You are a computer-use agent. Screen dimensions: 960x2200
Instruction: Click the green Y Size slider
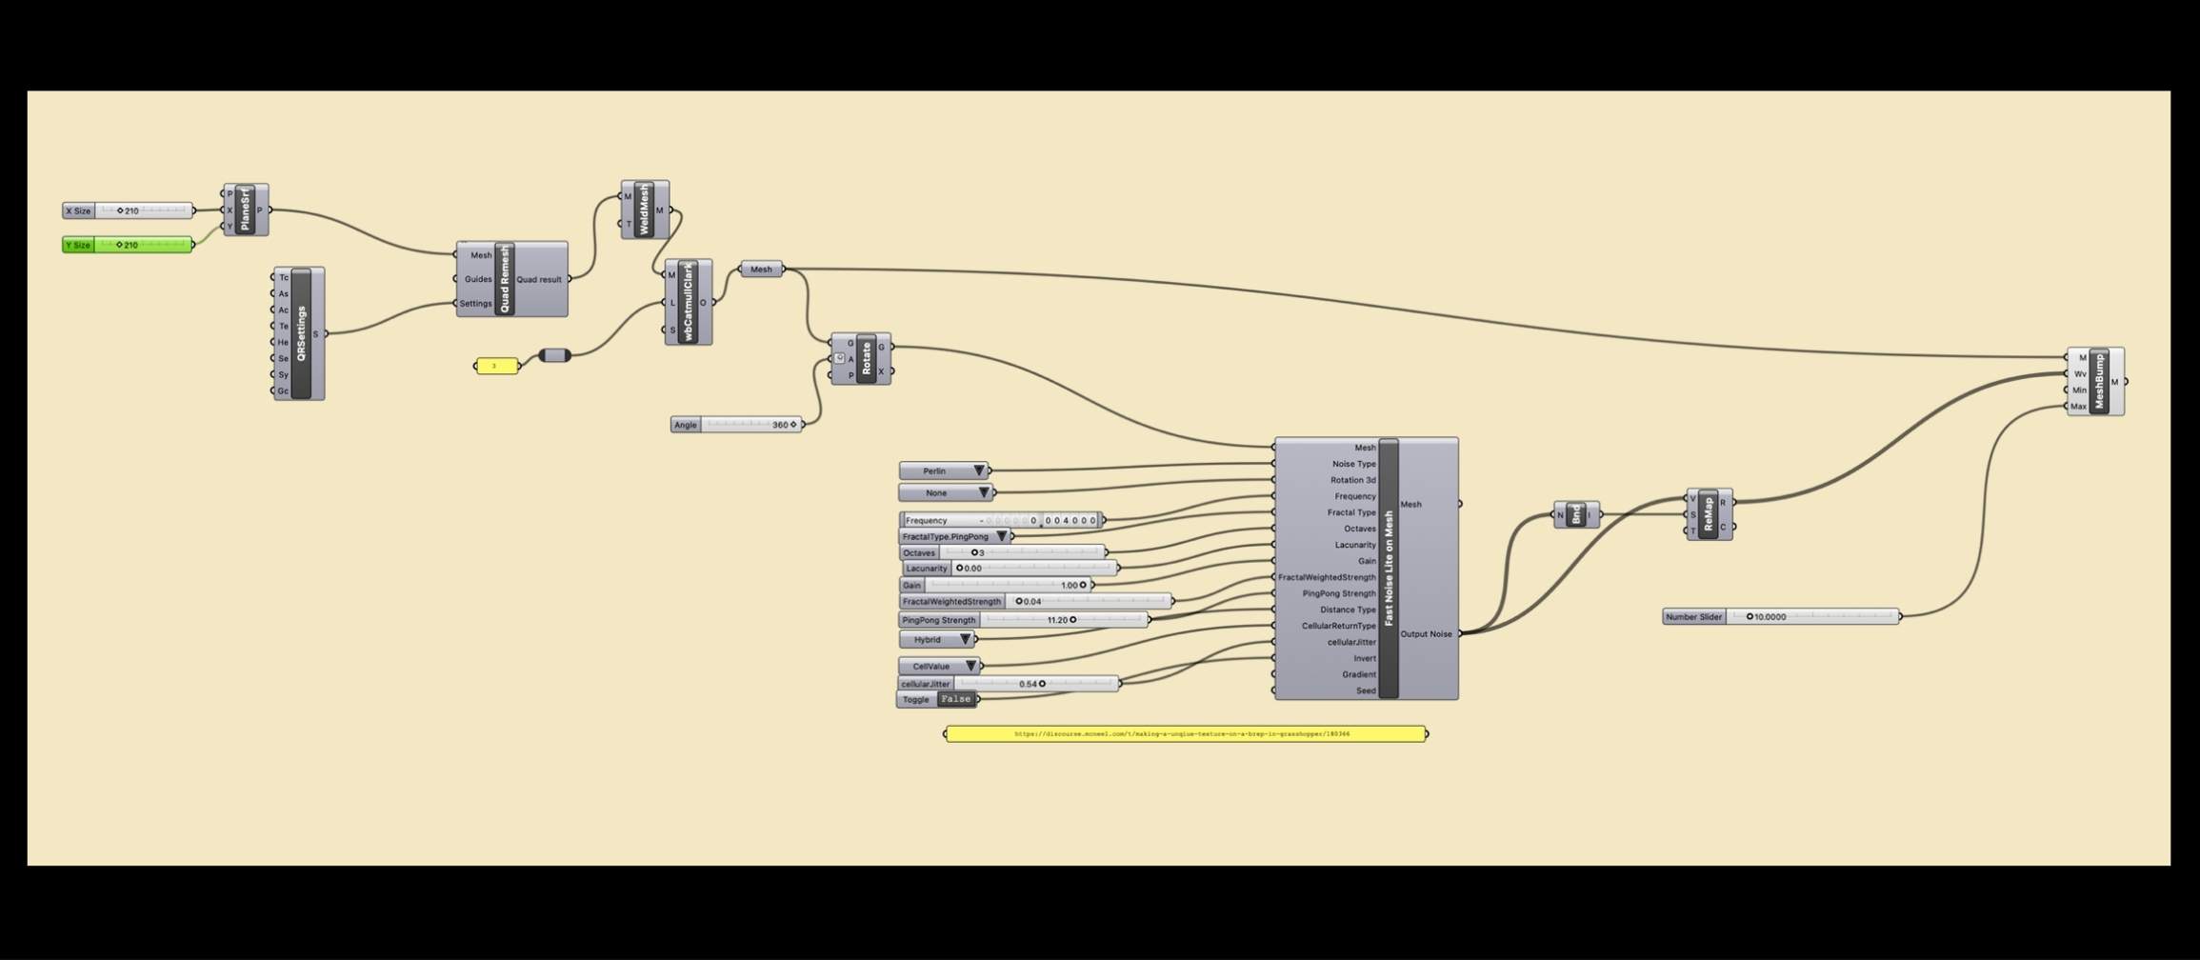(x=128, y=245)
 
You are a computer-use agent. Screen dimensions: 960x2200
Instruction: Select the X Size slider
(x=128, y=210)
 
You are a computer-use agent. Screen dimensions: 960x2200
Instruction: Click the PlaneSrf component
(x=245, y=210)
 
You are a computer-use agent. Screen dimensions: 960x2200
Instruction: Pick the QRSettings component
(x=301, y=333)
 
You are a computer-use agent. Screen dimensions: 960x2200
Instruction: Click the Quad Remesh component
(x=506, y=279)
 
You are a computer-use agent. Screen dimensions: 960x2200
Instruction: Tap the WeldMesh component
(x=644, y=210)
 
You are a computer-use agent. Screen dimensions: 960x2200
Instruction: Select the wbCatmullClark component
(x=688, y=302)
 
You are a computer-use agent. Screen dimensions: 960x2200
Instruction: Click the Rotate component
(x=866, y=359)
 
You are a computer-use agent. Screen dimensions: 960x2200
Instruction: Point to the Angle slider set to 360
(x=736, y=425)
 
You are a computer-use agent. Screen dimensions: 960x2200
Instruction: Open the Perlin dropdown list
(x=944, y=471)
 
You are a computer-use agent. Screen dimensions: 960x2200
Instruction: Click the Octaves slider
(x=1003, y=552)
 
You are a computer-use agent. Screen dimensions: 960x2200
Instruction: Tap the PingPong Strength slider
(x=1024, y=620)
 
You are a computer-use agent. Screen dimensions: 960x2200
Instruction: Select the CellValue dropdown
(x=939, y=666)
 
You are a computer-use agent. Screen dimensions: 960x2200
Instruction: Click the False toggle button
(x=955, y=699)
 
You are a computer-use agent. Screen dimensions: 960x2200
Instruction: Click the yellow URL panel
(x=1185, y=734)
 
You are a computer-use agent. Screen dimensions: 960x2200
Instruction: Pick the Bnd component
(x=1576, y=514)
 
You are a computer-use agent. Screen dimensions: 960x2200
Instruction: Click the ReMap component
(x=1708, y=514)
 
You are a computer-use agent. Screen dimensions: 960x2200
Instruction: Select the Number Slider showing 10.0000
(x=1781, y=617)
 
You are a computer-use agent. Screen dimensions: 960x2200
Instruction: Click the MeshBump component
(x=2099, y=381)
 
